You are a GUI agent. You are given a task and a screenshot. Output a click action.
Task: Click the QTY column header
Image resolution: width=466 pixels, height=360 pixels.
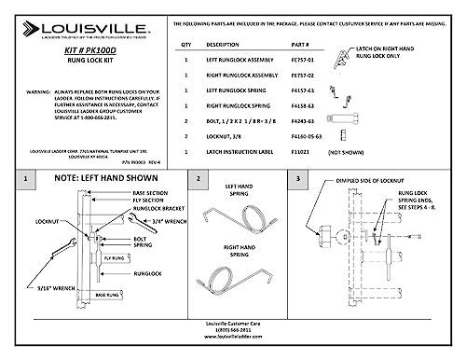pyautogui.click(x=185, y=44)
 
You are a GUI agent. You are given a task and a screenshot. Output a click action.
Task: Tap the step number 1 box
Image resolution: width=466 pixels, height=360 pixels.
pyautogui.click(x=32, y=177)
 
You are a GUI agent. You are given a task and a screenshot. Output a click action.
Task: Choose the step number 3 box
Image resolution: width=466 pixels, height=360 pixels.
pyautogui.click(x=298, y=177)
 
